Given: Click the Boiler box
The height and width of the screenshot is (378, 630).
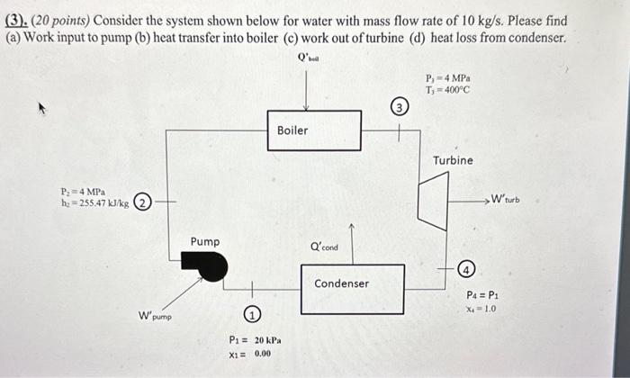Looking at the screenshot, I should click(x=314, y=130).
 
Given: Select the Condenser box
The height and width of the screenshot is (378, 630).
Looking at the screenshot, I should click(x=341, y=288).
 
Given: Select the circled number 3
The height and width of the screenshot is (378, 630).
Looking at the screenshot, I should click(x=400, y=110).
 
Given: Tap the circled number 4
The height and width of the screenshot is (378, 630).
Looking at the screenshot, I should click(x=465, y=269).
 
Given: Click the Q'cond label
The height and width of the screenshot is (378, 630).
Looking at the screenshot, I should click(x=324, y=247).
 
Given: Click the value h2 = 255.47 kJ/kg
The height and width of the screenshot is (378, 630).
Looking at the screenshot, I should click(x=94, y=204).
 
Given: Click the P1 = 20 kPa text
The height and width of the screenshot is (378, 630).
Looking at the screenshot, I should click(x=255, y=341).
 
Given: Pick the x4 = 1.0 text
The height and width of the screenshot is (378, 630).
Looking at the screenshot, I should click(x=481, y=308).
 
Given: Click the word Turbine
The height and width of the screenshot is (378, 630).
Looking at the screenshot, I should click(x=453, y=160).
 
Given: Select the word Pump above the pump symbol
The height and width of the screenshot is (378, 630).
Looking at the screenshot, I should click(x=204, y=241).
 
